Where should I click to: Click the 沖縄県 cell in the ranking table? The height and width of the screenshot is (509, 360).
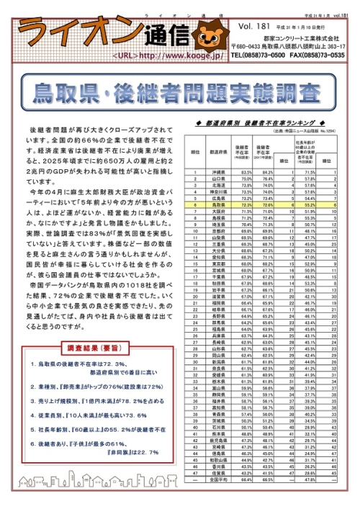pos(218,173)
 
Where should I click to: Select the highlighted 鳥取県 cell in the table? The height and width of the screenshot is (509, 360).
pos(218,204)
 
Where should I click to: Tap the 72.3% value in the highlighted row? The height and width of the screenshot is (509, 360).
pos(246,204)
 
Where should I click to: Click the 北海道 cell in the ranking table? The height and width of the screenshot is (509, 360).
pos(218,185)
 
